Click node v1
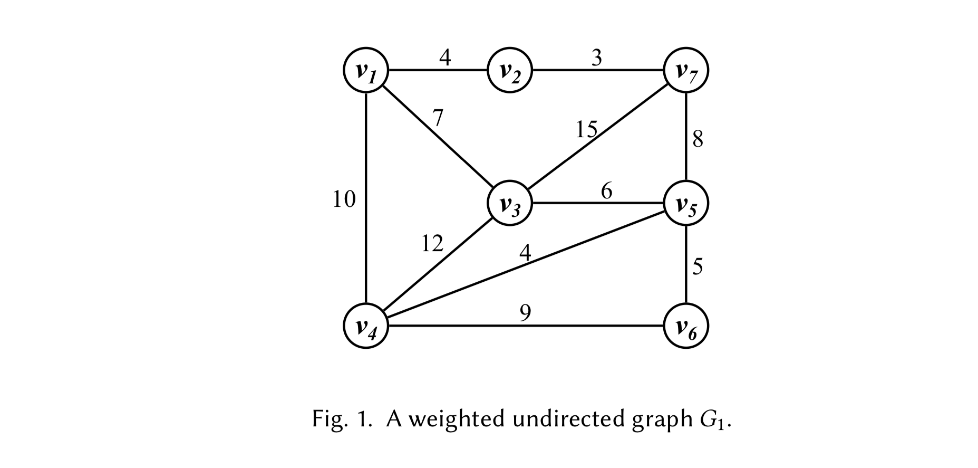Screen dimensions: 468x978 coord(366,70)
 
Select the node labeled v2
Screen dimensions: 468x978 coord(510,70)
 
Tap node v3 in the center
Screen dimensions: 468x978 coord(510,203)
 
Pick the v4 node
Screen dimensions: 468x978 coord(366,326)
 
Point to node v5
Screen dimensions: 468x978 coord(686,203)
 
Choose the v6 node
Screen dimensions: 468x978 coord(686,326)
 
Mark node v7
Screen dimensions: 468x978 coord(686,70)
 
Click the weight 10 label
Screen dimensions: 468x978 coord(344,199)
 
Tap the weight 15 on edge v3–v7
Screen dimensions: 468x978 coord(586,129)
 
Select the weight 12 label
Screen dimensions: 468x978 coord(432,244)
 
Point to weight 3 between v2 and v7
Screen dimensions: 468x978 coord(596,58)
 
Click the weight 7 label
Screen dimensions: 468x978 coord(437,118)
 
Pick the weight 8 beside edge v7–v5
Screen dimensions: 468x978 coord(698,140)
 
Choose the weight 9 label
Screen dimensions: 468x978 coord(525,313)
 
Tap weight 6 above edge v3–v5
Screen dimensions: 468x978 coord(606,191)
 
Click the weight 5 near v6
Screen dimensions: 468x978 coord(698,267)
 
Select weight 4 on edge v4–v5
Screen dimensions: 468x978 coord(525,253)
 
